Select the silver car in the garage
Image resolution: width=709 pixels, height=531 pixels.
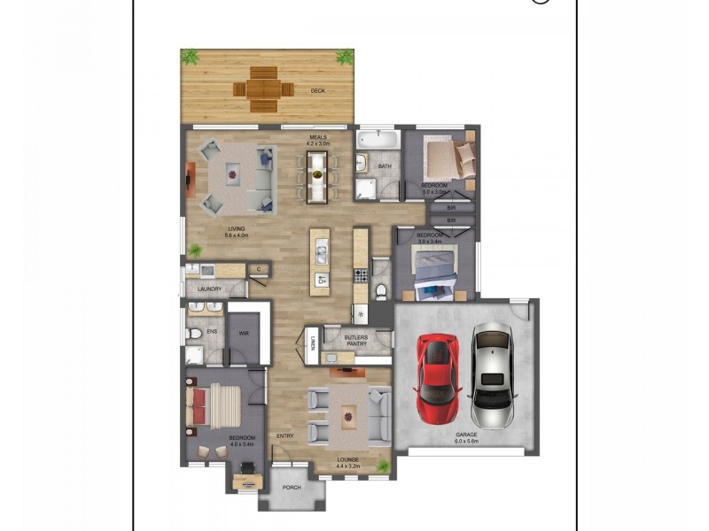pos(490,376)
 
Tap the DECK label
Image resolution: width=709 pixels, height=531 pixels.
pos(317,90)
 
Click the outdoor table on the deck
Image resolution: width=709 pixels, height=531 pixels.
pos(263,89)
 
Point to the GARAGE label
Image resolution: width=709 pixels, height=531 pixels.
pos(467,435)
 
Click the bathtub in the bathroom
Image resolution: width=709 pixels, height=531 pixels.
pos(378,140)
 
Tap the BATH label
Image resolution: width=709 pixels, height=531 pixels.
pos(385,165)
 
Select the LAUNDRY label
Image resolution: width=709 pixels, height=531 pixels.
pos(209,289)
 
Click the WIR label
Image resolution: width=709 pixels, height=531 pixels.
pos(243,334)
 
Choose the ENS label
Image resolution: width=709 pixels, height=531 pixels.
pos(212,332)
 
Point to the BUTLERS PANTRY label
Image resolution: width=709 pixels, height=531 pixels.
pos(356,342)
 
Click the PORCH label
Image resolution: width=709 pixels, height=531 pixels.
pos(292,488)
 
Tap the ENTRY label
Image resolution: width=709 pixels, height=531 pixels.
pos(284,435)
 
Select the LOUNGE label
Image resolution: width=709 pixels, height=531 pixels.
pos(348,459)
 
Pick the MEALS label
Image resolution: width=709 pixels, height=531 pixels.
pos(317,137)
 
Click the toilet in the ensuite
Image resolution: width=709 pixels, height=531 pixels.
pos(194,335)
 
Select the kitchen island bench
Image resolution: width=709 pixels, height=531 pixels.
pos(319,262)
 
